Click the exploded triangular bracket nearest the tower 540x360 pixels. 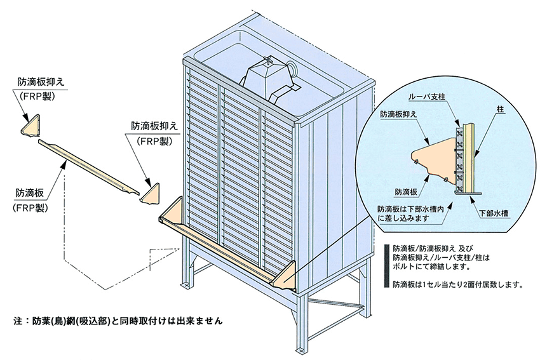coord(151,192)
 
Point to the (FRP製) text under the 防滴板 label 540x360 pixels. coord(32,207)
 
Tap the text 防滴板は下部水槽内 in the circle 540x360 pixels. coord(416,208)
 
